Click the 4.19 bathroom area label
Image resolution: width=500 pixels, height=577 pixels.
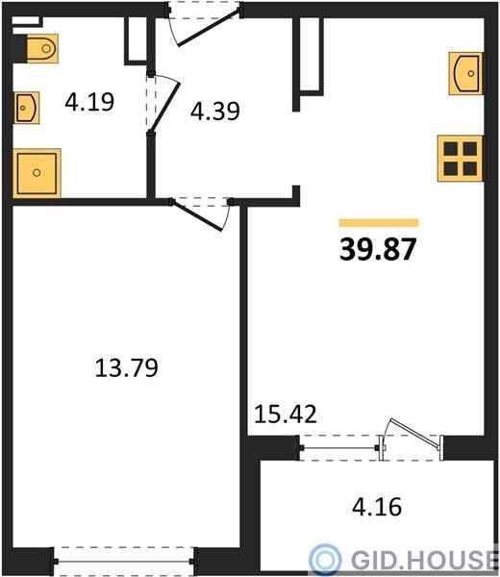pyautogui.click(x=89, y=102)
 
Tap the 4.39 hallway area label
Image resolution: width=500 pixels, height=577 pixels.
pyautogui.click(x=215, y=111)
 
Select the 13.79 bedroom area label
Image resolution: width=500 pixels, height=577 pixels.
pyautogui.click(x=127, y=367)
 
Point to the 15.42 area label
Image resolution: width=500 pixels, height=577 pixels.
pyautogui.click(x=286, y=414)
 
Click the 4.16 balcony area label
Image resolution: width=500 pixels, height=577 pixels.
pyautogui.click(x=377, y=507)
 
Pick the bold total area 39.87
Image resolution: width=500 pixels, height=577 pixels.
pyautogui.click(x=378, y=249)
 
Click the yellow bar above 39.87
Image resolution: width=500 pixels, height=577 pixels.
pyautogui.click(x=379, y=223)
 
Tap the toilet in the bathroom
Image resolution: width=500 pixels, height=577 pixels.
pyautogui.click(x=41, y=48)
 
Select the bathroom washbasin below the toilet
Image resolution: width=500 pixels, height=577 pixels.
pyautogui.click(x=27, y=108)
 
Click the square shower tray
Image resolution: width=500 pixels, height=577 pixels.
pyautogui.click(x=37, y=172)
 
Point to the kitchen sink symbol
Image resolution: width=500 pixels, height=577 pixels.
pyautogui.click(x=465, y=74)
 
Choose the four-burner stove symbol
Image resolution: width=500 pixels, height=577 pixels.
pyautogui.click(x=460, y=159)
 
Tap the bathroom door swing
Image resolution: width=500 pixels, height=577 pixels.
pyautogui.click(x=163, y=105)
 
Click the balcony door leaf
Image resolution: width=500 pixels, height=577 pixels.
pyautogui.click(x=413, y=435)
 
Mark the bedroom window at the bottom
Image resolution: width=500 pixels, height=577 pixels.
pyautogui.click(x=124, y=562)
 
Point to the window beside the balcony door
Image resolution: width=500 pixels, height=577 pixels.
pyautogui.click(x=339, y=448)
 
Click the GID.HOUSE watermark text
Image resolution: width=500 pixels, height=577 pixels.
pyautogui.click(x=423, y=560)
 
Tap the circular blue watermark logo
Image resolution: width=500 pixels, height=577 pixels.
pyautogui.click(x=324, y=560)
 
